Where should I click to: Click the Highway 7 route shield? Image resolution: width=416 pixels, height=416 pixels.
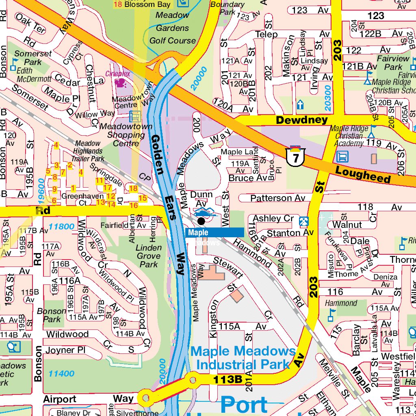pyautogui.click(x=295, y=156)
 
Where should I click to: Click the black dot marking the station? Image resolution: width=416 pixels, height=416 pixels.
pyautogui.click(x=201, y=221)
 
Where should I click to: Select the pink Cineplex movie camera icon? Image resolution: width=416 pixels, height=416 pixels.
pyautogui.click(x=120, y=83)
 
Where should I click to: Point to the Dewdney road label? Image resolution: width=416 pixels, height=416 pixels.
pyautogui.click(x=301, y=120)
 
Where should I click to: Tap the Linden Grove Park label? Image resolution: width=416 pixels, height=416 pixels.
pyautogui.click(x=148, y=256)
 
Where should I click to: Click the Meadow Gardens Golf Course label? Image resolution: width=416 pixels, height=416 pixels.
pyautogui.click(x=173, y=28)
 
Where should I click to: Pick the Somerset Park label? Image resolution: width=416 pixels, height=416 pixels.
pyautogui.click(x=33, y=58)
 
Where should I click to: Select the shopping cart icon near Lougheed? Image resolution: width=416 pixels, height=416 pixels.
pyautogui.click(x=342, y=156)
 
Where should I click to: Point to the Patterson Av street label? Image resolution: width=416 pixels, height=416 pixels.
pyautogui.click(x=277, y=198)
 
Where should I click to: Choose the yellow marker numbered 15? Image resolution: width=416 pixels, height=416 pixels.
pyautogui.click(x=142, y=198)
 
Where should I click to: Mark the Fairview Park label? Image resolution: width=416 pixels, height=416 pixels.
pyautogui.click(x=393, y=63)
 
